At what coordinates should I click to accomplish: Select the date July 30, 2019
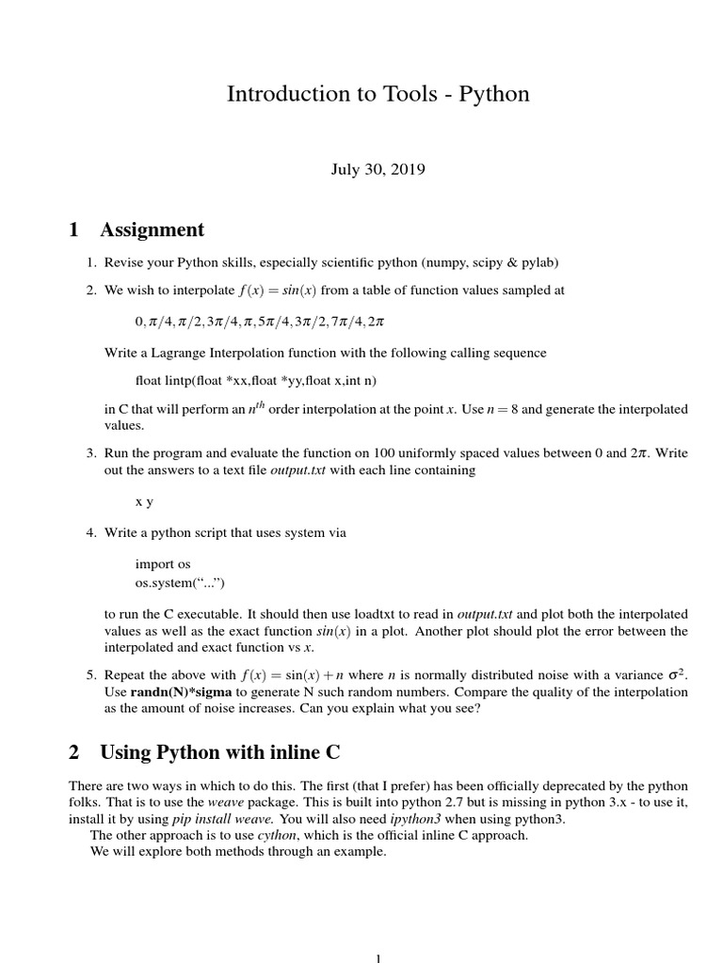pyautogui.click(x=378, y=170)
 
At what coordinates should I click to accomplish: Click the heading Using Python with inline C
pyautogui.click(x=219, y=751)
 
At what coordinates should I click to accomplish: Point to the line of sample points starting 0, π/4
pyautogui.click(x=260, y=322)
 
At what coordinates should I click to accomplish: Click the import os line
pyautogui.click(x=163, y=563)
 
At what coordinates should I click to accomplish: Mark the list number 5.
pyautogui.click(x=91, y=674)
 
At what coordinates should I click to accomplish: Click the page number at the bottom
pyautogui.click(x=378, y=957)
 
